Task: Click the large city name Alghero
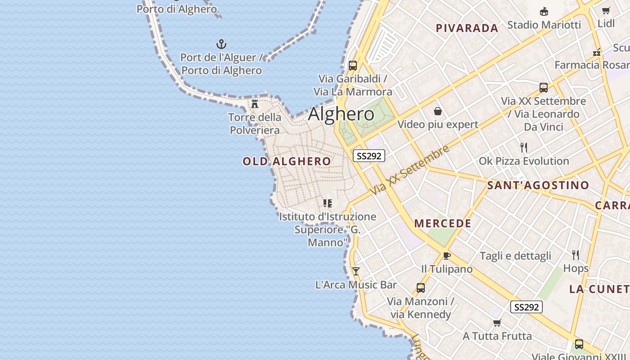341,114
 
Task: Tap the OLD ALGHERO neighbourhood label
287,161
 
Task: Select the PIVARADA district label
467,28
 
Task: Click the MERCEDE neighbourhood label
443,223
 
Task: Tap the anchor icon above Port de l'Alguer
221,44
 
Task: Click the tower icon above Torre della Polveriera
255,104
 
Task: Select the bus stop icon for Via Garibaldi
353,65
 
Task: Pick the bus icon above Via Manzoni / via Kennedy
421,288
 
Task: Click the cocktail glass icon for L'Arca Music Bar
356,271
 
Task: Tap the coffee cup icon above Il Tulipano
446,256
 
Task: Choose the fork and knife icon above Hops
576,255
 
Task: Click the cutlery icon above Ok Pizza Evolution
524,148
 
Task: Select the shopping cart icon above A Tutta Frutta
497,323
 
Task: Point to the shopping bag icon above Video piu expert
437,111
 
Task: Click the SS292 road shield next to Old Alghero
369,156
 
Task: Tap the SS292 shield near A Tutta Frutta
526,307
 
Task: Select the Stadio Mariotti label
544,25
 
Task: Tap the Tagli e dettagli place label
515,256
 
